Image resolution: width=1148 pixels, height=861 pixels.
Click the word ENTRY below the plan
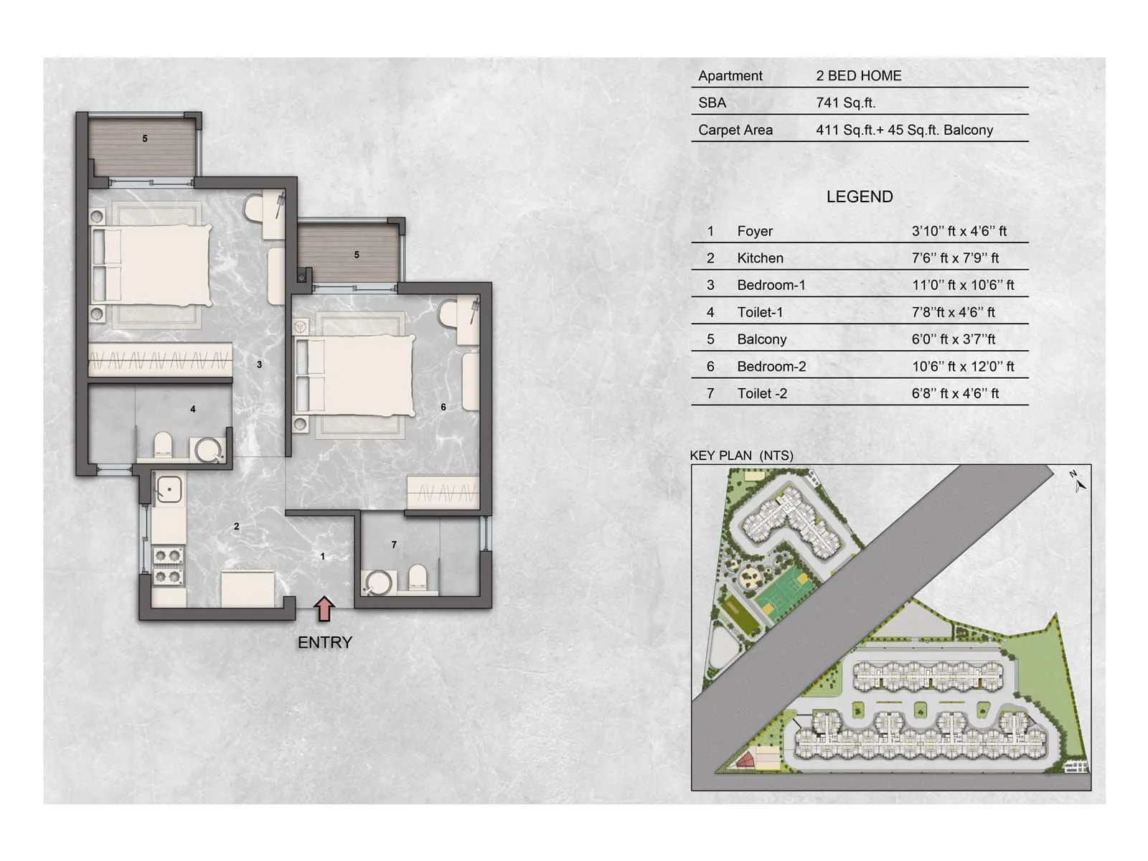click(x=324, y=642)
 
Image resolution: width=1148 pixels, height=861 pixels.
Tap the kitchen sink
click(x=169, y=490)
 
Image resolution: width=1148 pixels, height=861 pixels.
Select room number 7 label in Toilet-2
click(x=394, y=545)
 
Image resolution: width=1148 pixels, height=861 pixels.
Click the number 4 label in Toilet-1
click(x=192, y=409)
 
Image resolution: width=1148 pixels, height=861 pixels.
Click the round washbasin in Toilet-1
click(x=209, y=450)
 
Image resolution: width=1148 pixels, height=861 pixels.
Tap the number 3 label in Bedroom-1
click(x=259, y=364)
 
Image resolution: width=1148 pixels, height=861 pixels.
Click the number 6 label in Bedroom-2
click(x=443, y=407)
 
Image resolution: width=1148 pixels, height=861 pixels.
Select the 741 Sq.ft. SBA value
click(x=845, y=103)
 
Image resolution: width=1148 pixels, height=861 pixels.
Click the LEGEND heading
click(x=859, y=197)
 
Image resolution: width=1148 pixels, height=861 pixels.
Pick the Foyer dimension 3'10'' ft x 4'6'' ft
click(x=959, y=231)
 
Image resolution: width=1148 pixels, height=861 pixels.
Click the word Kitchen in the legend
click(x=760, y=258)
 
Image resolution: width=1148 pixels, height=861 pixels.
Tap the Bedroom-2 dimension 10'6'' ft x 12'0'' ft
click(x=962, y=367)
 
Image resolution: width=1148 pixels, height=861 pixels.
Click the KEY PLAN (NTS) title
click(x=741, y=456)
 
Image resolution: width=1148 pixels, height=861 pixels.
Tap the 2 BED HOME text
click(x=858, y=75)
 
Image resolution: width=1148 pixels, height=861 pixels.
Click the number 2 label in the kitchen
click(x=237, y=527)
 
